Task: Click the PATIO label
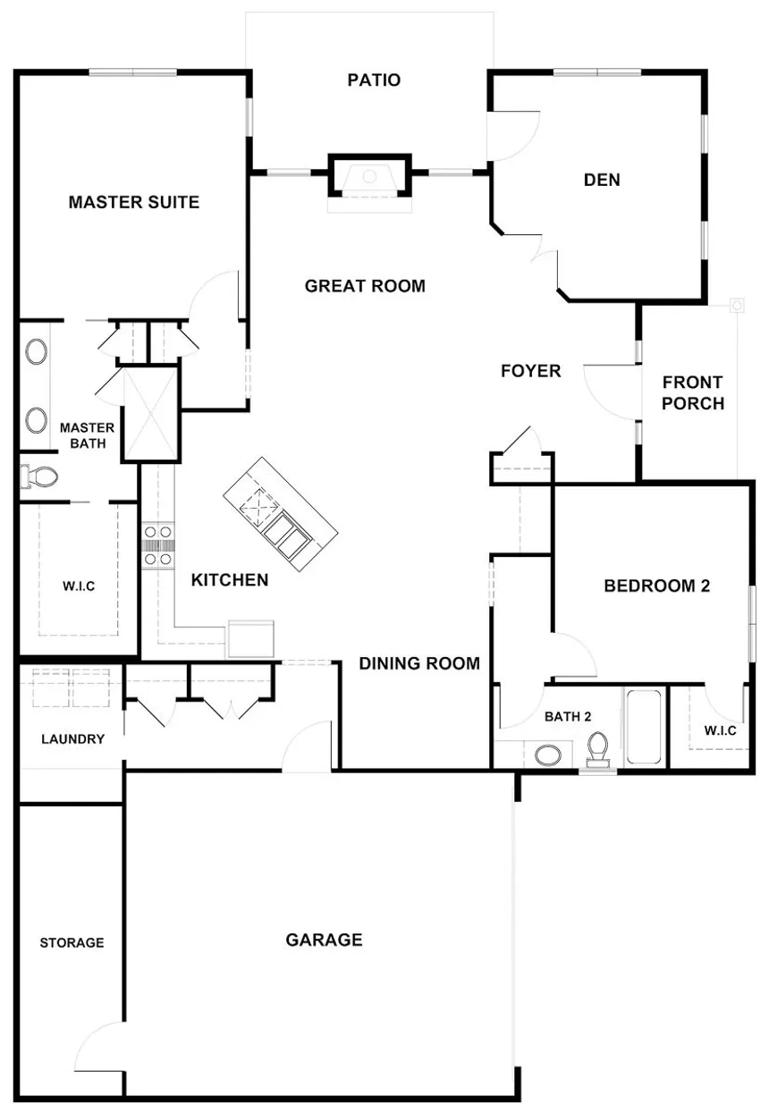click(374, 80)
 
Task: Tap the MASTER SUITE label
click(134, 202)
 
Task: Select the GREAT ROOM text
click(365, 286)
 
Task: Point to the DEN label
click(602, 180)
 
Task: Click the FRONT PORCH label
click(693, 393)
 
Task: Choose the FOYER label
click(530, 370)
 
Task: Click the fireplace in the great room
click(371, 176)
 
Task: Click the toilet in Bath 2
click(597, 748)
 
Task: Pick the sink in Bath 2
click(547, 755)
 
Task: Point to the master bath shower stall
click(149, 413)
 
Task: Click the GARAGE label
click(324, 940)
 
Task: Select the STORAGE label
click(72, 942)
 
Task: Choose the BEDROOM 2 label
click(656, 586)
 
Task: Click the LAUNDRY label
click(72, 739)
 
